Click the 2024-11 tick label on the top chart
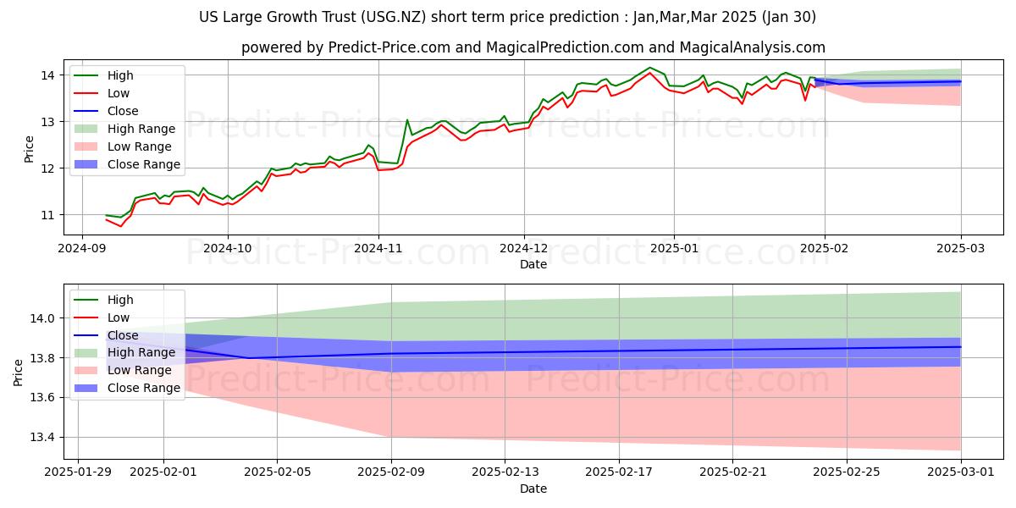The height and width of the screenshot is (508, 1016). pyautogui.click(x=378, y=248)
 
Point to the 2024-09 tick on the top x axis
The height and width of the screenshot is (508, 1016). pyautogui.click(x=81, y=248)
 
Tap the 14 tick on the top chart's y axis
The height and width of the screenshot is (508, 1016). pyautogui.click(x=47, y=75)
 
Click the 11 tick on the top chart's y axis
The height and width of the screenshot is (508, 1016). pyautogui.click(x=47, y=215)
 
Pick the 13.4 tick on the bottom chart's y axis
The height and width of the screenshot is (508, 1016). pyautogui.click(x=41, y=438)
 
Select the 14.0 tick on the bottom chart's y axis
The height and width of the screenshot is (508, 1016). pyautogui.click(x=41, y=318)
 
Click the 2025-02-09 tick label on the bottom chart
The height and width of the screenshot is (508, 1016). pyautogui.click(x=391, y=472)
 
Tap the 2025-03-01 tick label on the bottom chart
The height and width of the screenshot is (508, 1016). pyautogui.click(x=961, y=472)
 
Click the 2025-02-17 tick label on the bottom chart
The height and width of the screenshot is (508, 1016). pyautogui.click(x=619, y=472)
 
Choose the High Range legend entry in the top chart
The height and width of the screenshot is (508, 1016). pyautogui.click(x=141, y=129)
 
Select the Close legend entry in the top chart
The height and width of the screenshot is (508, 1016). pyautogui.click(x=123, y=111)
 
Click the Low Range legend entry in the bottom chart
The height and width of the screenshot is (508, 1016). pyautogui.click(x=139, y=370)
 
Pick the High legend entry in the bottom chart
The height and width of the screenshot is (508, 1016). pyautogui.click(x=120, y=300)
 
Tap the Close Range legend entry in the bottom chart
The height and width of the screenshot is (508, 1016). pyautogui.click(x=143, y=388)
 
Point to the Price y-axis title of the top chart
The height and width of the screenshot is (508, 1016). pyautogui.click(x=30, y=145)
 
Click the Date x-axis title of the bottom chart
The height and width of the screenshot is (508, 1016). pyautogui.click(x=533, y=489)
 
